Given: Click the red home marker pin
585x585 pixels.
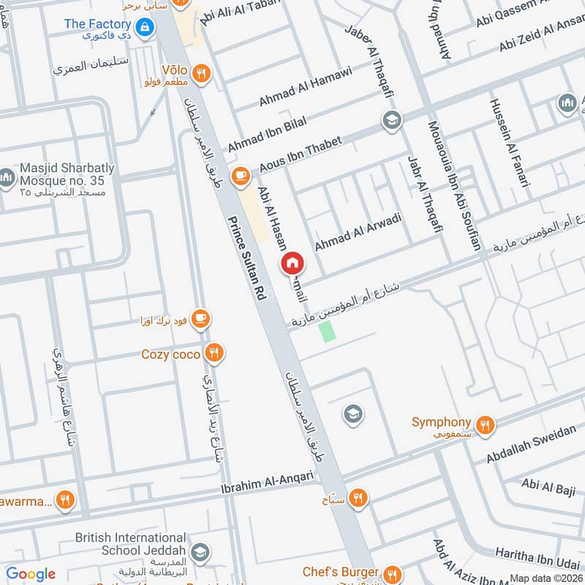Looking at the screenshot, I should click(292, 263).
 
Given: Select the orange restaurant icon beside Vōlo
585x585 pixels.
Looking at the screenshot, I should click(203, 72).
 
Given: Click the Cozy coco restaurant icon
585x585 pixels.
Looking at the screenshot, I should click(214, 354).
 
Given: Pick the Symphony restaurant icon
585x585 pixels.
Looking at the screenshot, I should click(483, 423).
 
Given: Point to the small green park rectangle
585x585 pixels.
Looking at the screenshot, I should click(327, 330).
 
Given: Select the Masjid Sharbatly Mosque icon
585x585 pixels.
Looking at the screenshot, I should click(7, 178).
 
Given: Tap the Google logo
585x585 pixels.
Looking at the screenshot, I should click(31, 574).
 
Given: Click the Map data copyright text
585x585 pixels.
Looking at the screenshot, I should click(546, 578).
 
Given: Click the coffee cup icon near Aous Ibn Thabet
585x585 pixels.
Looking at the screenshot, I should click(240, 175).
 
